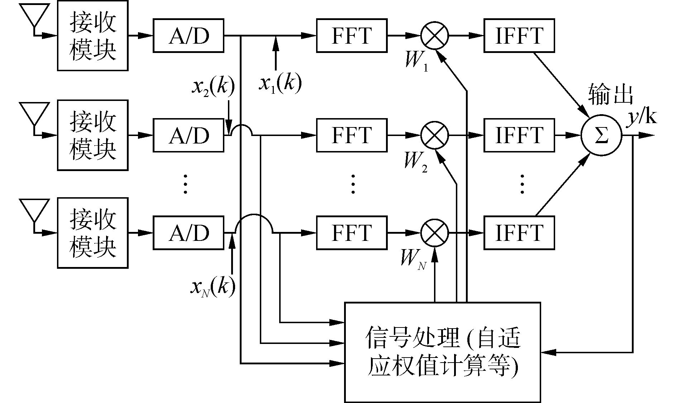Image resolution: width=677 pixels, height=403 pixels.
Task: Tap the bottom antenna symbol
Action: tap(34, 211)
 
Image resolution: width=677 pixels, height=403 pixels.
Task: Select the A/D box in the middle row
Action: tap(189, 135)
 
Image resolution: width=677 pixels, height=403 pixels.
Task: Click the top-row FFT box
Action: tap(352, 36)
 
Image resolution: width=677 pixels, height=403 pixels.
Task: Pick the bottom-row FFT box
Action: tap(352, 233)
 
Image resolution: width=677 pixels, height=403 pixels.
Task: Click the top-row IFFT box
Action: tap(519, 36)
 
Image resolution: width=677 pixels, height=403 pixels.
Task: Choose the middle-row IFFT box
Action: tap(519, 135)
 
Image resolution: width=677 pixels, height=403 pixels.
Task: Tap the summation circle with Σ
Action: tap(601, 136)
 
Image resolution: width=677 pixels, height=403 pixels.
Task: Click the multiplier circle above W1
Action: tap(434, 36)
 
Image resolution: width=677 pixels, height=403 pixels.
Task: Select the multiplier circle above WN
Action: tap(434, 233)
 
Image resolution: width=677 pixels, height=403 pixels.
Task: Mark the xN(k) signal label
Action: tap(213, 286)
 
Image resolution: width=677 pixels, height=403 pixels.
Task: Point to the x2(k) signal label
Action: tap(213, 87)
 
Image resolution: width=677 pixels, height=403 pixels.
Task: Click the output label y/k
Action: tap(642, 117)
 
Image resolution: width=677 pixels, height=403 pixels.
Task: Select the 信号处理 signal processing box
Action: tap(442, 352)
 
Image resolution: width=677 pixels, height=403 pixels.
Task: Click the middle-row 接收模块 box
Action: tap(92, 135)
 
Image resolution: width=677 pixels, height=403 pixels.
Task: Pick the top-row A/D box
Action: tap(189, 36)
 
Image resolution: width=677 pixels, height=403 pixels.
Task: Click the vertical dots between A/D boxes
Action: tap(185, 184)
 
